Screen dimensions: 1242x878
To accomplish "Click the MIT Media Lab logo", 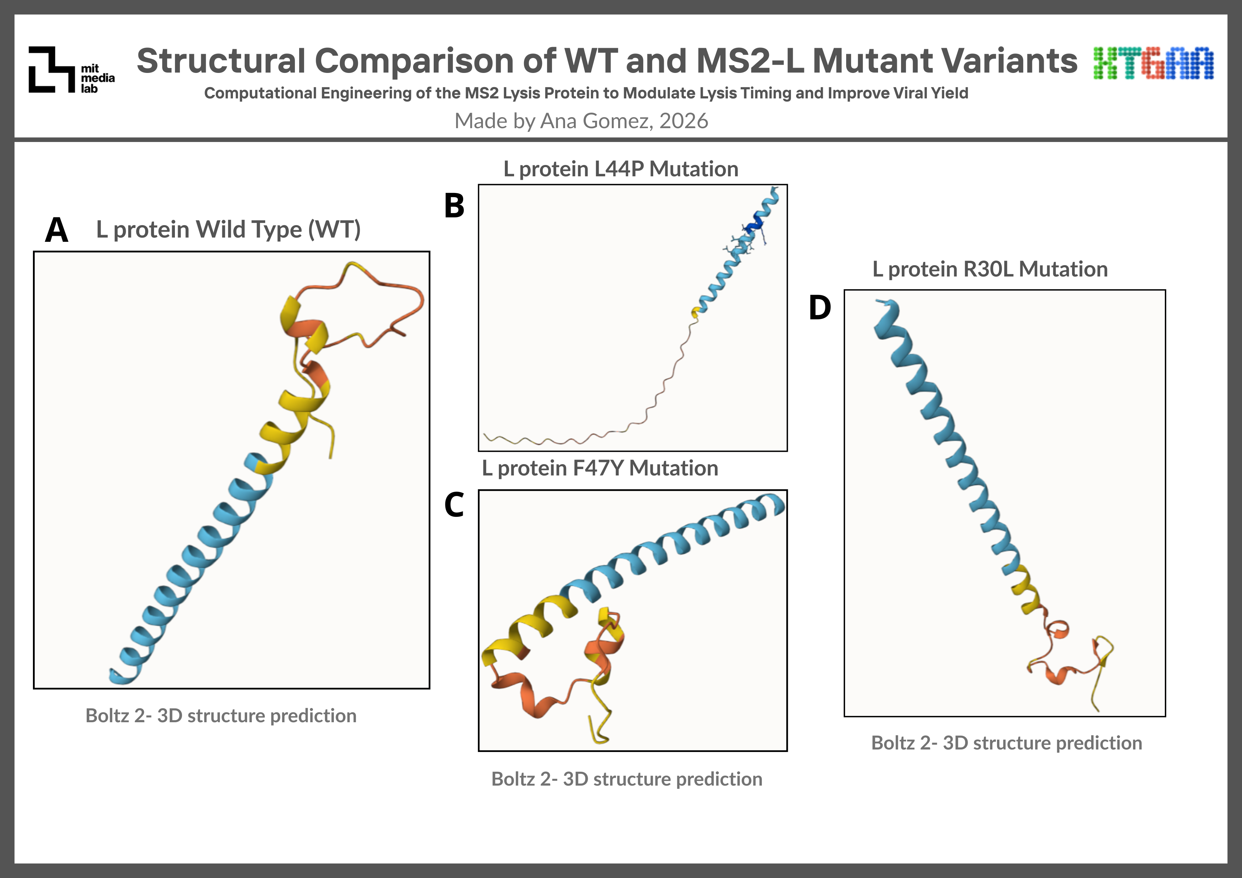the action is (x=72, y=70).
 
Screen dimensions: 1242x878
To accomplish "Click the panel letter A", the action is (x=57, y=230).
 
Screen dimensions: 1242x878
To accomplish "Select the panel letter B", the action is (x=454, y=206).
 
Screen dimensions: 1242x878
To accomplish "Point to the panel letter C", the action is (x=454, y=505).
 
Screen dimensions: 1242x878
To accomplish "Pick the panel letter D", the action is (x=820, y=308).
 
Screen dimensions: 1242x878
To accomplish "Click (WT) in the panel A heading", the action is (x=334, y=230).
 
